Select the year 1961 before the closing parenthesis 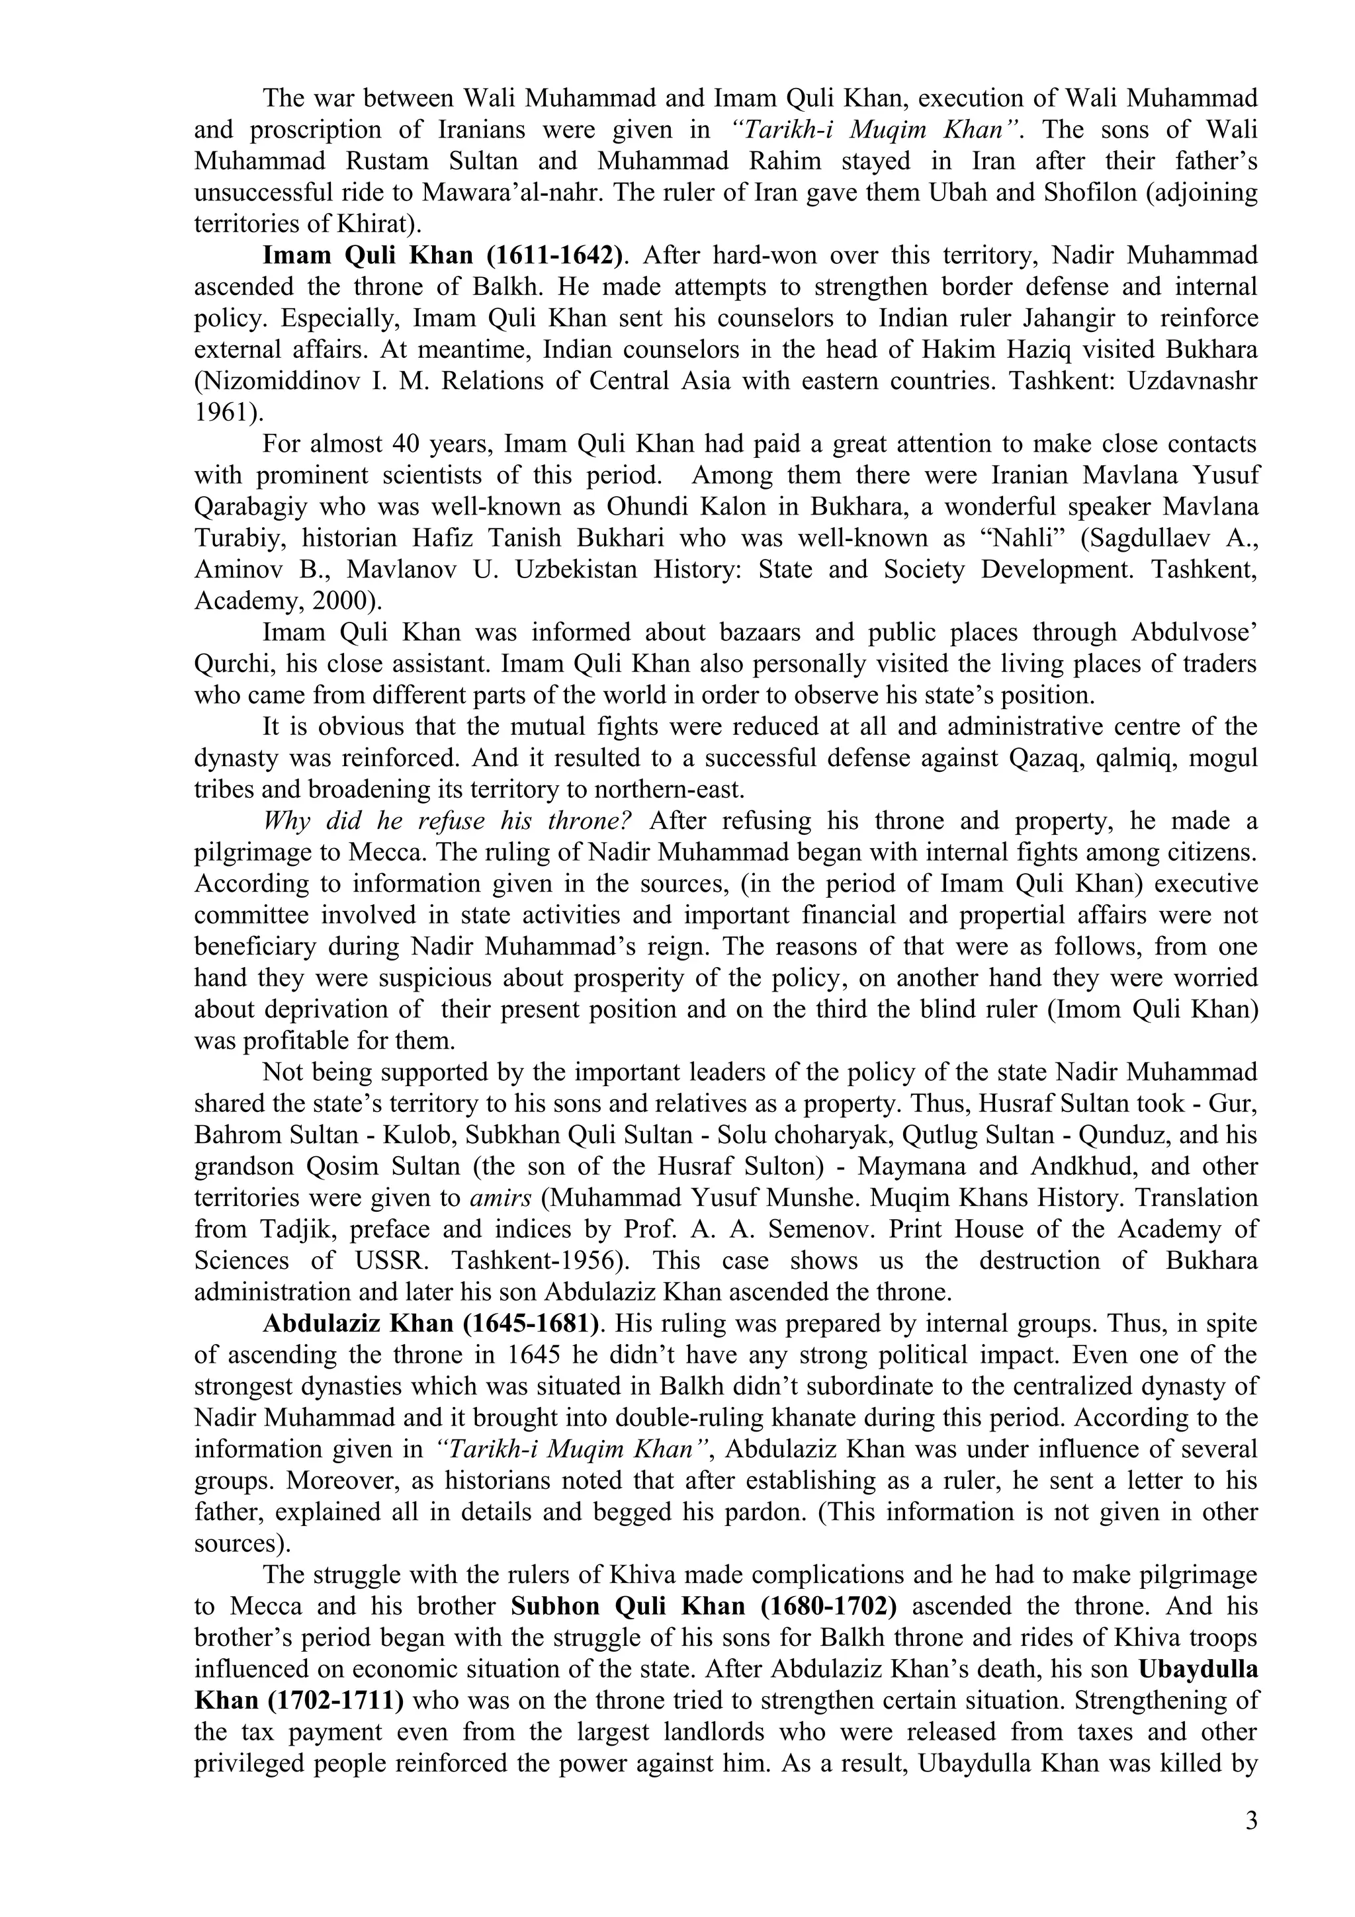coord(221,411)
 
